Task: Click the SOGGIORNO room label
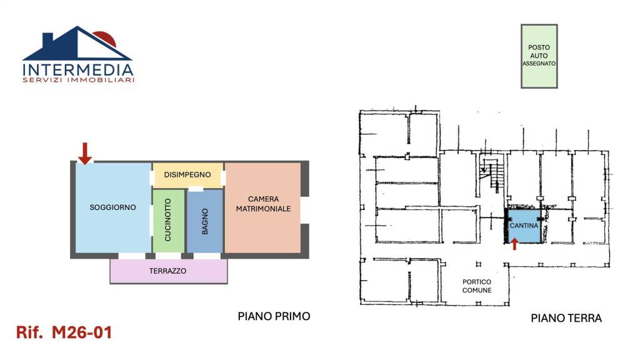click(x=112, y=207)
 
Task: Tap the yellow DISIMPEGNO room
click(x=187, y=175)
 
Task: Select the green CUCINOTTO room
click(x=168, y=221)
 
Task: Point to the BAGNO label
click(x=205, y=221)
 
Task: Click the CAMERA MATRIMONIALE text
click(x=263, y=204)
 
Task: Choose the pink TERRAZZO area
click(x=169, y=271)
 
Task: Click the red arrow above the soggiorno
click(x=85, y=154)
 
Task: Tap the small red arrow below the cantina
click(x=515, y=244)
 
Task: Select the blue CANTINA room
click(x=524, y=226)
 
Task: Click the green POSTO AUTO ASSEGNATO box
click(x=539, y=56)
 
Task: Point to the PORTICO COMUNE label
click(x=477, y=286)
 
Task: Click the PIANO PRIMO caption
click(x=274, y=316)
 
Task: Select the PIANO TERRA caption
click(x=566, y=318)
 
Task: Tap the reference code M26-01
click(x=82, y=332)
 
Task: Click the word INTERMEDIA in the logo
click(x=78, y=70)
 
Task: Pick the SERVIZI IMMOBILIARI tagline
click(x=78, y=80)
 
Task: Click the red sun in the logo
click(x=107, y=38)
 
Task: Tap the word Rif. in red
click(x=29, y=332)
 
